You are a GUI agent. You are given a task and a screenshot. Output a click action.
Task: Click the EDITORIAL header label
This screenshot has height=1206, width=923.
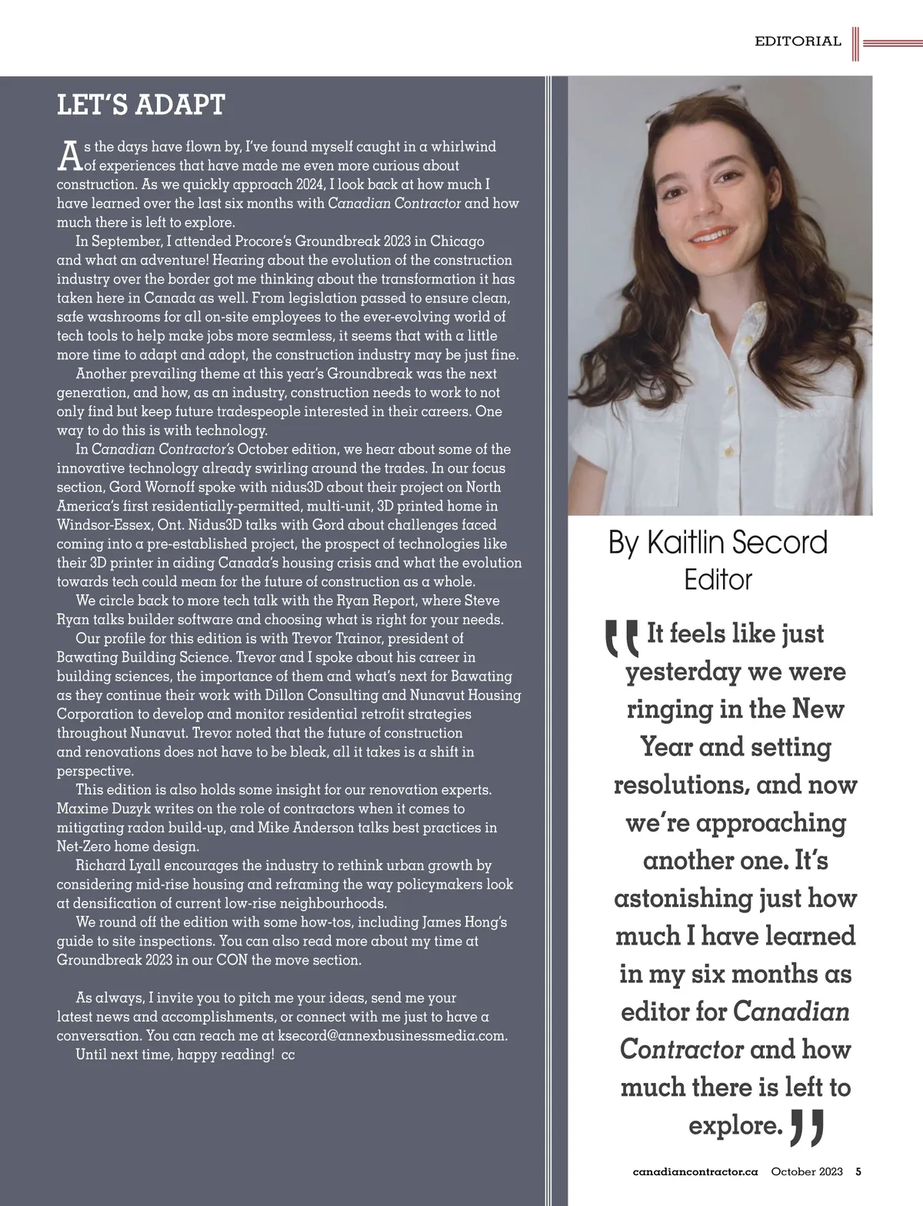point(798,42)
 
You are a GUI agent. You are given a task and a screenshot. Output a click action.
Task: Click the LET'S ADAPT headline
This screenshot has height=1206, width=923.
point(141,105)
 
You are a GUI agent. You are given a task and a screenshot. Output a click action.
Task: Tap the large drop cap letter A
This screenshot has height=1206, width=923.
point(69,156)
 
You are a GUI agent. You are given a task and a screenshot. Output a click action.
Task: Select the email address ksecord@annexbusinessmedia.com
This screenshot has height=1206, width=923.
point(392,1036)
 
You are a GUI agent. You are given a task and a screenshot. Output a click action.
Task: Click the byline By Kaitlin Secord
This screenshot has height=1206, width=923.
point(718,543)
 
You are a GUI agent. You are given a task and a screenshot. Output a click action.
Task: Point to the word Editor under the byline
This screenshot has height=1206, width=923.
point(718,579)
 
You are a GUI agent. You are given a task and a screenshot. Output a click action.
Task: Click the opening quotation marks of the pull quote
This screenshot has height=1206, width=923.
point(621,637)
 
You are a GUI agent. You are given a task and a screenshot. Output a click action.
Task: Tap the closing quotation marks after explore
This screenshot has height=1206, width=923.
point(808,1125)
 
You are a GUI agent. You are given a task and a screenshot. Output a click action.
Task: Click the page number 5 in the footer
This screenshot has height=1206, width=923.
point(858,1172)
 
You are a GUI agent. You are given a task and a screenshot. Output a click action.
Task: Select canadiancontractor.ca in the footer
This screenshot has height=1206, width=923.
point(695,1172)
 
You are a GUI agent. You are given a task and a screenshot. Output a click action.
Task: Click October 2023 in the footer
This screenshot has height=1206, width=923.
point(807,1172)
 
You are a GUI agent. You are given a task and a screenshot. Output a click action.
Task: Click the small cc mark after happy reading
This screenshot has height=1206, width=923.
point(288,1055)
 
